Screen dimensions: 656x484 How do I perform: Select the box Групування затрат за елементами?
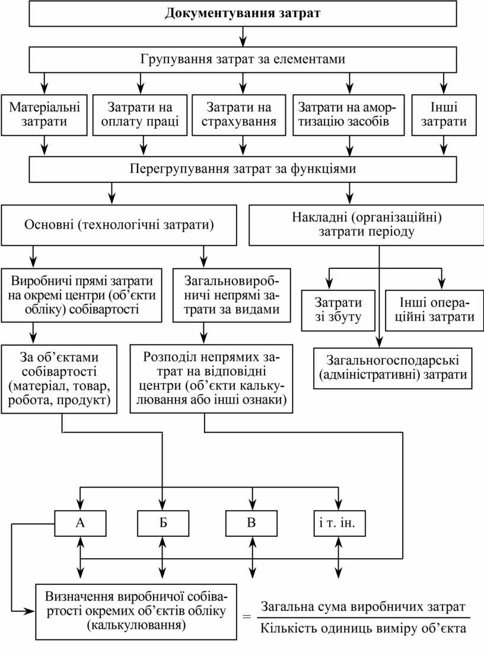click(243, 60)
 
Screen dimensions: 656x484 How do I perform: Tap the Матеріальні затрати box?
click(44, 115)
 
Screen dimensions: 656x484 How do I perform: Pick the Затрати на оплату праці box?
click(140, 115)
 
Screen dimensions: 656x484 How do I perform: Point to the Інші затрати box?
click(444, 115)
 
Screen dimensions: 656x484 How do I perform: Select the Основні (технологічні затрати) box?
click(119, 225)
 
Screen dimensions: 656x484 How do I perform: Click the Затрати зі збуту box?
click(339, 309)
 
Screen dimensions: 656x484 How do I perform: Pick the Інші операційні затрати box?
click(431, 309)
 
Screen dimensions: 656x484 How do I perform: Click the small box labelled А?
click(80, 523)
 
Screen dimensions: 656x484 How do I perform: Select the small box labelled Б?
click(163, 523)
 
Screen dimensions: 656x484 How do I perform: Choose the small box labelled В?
click(251, 523)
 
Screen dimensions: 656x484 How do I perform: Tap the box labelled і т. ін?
click(339, 523)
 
